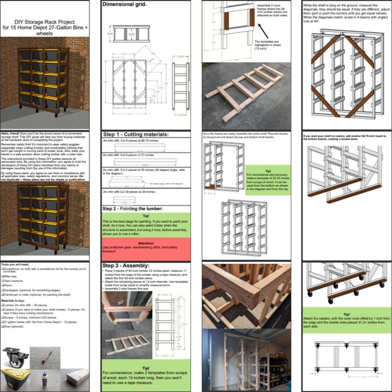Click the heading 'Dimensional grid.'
(x=123, y=4)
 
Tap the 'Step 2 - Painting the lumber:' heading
(x=134, y=209)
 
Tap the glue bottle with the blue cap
(x=44, y=381)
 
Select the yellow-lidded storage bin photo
(x=15, y=381)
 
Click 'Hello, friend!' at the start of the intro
(x=10, y=134)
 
